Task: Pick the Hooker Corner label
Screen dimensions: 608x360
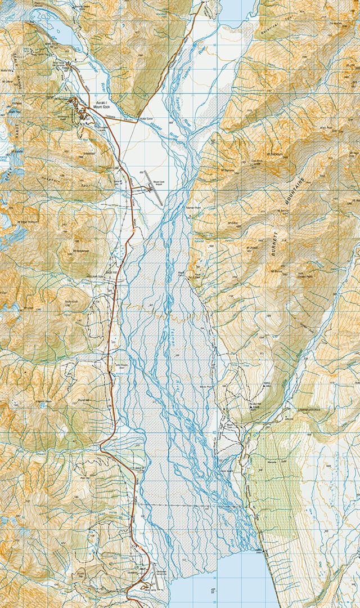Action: tap(146, 119)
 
